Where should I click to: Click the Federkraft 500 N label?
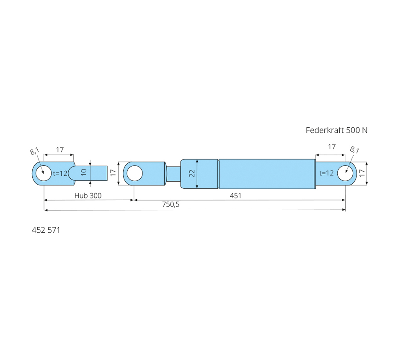pyautogui.click(x=336, y=130)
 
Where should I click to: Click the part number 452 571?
pyautogui.click(x=46, y=230)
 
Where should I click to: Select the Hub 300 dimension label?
pyautogui.click(x=88, y=195)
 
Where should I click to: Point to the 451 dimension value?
pyautogui.click(x=235, y=195)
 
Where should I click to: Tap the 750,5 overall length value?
pyautogui.click(x=171, y=204)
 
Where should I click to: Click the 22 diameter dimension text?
pyautogui.click(x=192, y=174)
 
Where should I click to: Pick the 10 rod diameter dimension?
pyautogui.click(x=84, y=172)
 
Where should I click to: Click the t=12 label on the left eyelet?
pyautogui.click(x=60, y=173)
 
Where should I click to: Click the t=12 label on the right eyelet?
pyautogui.click(x=326, y=173)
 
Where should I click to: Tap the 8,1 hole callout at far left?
pyautogui.click(x=35, y=151)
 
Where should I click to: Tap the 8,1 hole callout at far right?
pyautogui.click(x=354, y=150)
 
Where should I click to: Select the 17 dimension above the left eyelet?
pyautogui.click(x=60, y=150)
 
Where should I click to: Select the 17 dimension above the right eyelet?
pyautogui.click(x=332, y=147)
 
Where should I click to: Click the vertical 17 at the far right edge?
pyautogui.click(x=362, y=173)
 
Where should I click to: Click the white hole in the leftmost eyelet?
pyautogui.click(x=44, y=174)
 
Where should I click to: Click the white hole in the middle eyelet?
pyautogui.click(x=134, y=174)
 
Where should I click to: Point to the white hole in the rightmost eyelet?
pyautogui.click(x=345, y=173)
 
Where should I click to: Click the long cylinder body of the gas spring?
pyautogui.click(x=267, y=174)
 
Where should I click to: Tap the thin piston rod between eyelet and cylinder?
pyautogui.click(x=173, y=174)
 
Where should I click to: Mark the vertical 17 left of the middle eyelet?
pyautogui.click(x=113, y=173)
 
